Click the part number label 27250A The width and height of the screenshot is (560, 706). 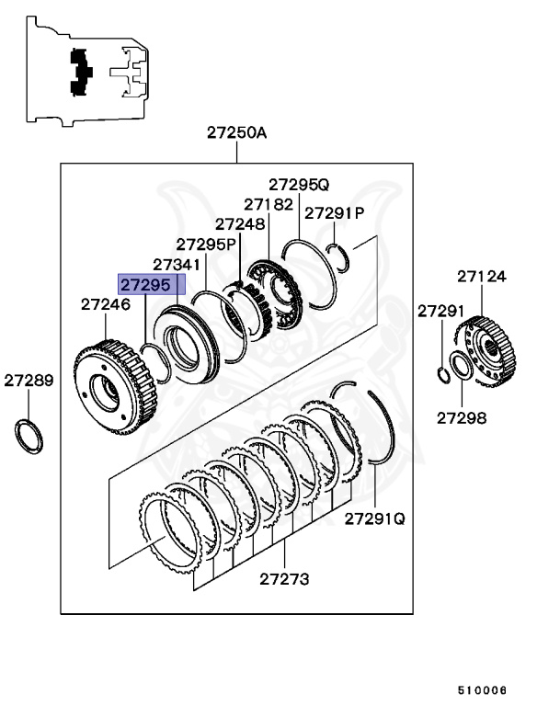(236, 132)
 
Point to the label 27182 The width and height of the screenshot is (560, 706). (269, 203)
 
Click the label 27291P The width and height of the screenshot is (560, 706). (335, 212)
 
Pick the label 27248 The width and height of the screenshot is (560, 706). (240, 223)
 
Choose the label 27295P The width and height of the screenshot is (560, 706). (207, 244)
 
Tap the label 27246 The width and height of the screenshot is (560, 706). (105, 303)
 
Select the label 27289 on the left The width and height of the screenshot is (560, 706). (29, 379)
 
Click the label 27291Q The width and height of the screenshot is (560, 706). (375, 518)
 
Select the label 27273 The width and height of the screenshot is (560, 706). (284, 579)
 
